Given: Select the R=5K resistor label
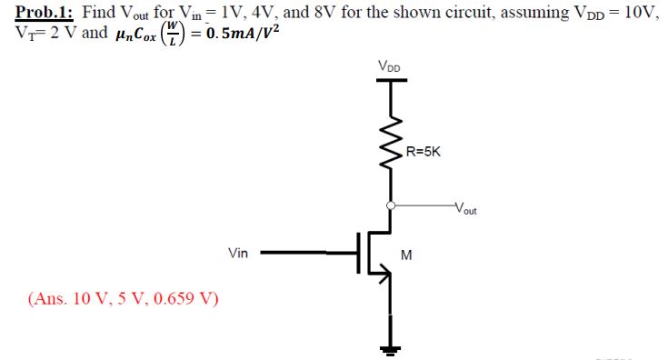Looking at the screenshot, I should pyautogui.click(x=423, y=153).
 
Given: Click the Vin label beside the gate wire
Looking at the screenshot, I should pyautogui.click(x=238, y=254).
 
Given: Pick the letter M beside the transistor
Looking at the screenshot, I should pyautogui.click(x=406, y=255).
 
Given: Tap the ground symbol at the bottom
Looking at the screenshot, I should pyautogui.click(x=392, y=346).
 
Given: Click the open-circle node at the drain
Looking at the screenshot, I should pyautogui.click(x=392, y=205).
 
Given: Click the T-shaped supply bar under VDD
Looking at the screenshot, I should pyautogui.click(x=392, y=81).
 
